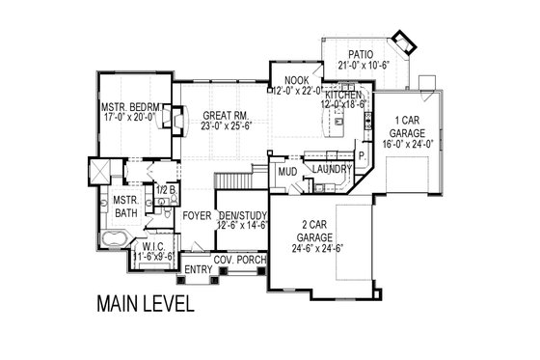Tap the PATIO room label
click(x=360, y=55)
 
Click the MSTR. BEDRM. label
click(x=135, y=108)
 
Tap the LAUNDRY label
click(x=330, y=170)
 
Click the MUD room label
click(x=287, y=172)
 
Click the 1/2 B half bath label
click(x=165, y=190)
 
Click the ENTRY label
click(x=198, y=269)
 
